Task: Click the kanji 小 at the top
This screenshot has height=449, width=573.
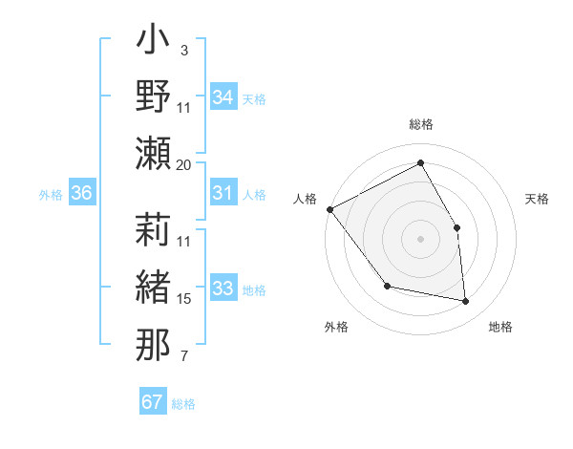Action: point(153,44)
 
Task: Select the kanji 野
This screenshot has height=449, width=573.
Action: point(153,96)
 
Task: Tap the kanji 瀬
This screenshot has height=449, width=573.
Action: point(153,152)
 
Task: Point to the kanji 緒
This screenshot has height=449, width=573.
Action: point(153,287)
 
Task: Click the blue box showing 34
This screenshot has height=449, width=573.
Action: point(223,97)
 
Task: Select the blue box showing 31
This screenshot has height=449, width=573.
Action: point(223,193)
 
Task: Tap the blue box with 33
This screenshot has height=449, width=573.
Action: point(223,289)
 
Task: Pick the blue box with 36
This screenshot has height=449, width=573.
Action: point(82,193)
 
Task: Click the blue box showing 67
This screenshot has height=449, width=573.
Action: point(153,402)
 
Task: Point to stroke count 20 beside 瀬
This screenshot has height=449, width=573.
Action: point(184,165)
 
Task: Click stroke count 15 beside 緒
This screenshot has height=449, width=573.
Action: point(184,299)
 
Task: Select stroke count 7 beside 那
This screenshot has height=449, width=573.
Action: point(184,357)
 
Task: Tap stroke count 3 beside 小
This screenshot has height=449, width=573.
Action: point(184,49)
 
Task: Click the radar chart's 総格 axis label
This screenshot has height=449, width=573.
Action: point(421,124)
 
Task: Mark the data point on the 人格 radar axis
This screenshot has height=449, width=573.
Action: point(329,209)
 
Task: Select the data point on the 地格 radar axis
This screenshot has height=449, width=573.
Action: point(466,302)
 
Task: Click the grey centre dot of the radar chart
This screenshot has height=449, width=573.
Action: point(421,239)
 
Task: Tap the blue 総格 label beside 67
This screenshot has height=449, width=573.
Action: point(184,404)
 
